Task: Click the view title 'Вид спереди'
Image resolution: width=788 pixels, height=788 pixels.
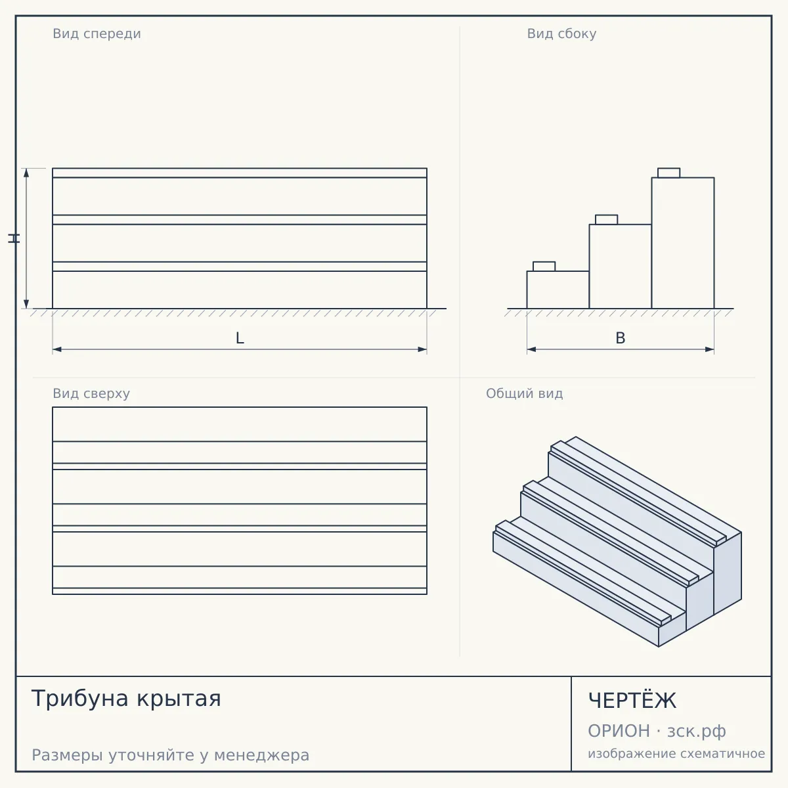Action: point(97,33)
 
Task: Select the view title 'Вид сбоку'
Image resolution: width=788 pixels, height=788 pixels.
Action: point(561,33)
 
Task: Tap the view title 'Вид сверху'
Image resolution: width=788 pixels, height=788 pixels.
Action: point(91,393)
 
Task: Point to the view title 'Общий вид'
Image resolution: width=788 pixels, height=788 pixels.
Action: point(524,393)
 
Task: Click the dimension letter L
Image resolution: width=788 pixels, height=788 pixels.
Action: point(240,338)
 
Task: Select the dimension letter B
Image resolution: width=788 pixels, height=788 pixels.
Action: point(621,338)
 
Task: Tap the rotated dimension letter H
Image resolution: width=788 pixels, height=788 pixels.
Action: point(14,238)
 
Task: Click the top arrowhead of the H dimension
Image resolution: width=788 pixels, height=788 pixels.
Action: point(26,173)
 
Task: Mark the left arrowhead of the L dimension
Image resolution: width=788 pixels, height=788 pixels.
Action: point(57,349)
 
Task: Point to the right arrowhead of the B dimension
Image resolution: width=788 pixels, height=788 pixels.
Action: point(709,349)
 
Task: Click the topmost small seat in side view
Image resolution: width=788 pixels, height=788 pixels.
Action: point(668,173)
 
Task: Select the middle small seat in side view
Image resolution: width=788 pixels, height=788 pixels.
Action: point(607,219)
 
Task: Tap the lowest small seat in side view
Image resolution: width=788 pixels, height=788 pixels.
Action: point(544,266)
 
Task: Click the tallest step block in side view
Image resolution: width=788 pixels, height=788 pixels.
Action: point(683,243)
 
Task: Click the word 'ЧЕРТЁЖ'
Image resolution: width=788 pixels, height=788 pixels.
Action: point(632,701)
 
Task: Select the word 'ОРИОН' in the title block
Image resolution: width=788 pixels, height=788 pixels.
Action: point(619,731)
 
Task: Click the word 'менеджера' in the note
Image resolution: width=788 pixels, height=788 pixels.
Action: point(262,755)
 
